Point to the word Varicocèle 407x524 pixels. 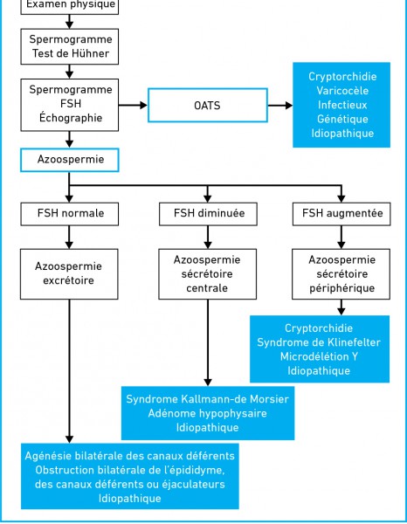tap(342, 91)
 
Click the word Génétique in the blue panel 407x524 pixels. tap(342, 120)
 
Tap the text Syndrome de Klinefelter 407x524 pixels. tap(319, 342)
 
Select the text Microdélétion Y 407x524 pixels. tap(319, 356)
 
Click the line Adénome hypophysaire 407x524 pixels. tap(208, 413)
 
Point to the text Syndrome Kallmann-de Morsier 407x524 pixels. tap(208, 399)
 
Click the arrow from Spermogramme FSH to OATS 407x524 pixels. tap(133, 106)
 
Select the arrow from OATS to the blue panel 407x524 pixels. tap(280, 106)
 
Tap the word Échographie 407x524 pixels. tap(71, 117)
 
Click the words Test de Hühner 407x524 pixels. tap(71, 53)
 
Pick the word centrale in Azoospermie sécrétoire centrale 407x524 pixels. tap(207, 288)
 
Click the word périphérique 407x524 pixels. tap(341, 288)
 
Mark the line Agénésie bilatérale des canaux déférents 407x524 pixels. tap(129, 456)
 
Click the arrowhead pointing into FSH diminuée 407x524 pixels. tap(208, 198)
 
